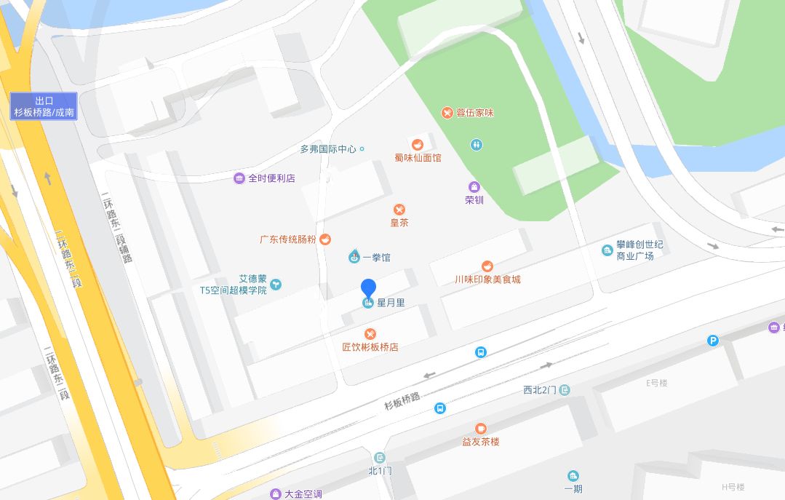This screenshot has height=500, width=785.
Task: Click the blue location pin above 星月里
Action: tap(369, 288)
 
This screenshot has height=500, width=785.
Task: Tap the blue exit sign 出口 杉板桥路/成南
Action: tap(44, 106)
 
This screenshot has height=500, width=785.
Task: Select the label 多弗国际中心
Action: tap(328, 149)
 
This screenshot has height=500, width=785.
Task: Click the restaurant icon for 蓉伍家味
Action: tap(447, 113)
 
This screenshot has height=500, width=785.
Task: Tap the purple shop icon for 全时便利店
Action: tap(239, 178)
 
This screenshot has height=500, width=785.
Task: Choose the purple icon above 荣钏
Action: tap(474, 187)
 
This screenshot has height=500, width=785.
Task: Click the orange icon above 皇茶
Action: tap(399, 210)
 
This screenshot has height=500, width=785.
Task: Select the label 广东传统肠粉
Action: tap(287, 239)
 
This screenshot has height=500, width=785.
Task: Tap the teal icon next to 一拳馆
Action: tap(354, 257)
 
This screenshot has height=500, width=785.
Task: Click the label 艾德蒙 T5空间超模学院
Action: tap(234, 284)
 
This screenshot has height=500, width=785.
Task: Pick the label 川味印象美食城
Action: tap(487, 279)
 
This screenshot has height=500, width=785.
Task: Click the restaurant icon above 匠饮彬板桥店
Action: tap(370, 334)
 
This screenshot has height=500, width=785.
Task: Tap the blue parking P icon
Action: tap(713, 340)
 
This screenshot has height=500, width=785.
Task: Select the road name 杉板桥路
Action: tap(402, 397)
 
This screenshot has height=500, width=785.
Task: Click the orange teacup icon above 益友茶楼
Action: tap(480, 429)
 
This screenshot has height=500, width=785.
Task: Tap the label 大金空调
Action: tap(303, 494)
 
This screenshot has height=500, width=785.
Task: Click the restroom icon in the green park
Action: tap(476, 145)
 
